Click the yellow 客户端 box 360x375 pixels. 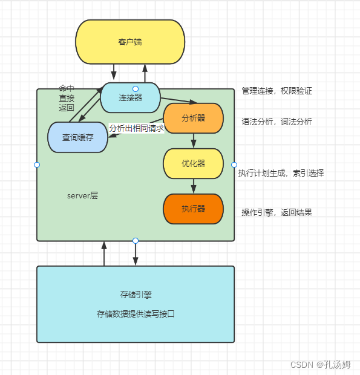[130, 42]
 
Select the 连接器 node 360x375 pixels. [130, 98]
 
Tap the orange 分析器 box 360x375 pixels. [194, 118]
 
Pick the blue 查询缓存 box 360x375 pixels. [77, 138]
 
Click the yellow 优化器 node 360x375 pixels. [194, 163]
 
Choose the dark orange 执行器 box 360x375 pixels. [194, 209]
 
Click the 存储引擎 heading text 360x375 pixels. [136, 295]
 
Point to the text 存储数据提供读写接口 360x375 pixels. [136, 314]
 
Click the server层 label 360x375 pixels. [82, 197]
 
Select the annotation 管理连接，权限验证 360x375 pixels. [277, 91]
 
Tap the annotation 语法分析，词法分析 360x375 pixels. [277, 122]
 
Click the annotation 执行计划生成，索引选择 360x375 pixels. [281, 173]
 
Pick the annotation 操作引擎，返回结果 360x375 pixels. [277, 212]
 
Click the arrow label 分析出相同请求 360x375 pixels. [137, 128]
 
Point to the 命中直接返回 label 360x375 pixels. [67, 98]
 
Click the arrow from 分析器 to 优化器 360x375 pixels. [194, 140]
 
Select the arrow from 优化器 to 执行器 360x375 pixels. [194, 186]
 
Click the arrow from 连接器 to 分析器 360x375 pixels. [178, 100]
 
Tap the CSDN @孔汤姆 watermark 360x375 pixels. [321, 365]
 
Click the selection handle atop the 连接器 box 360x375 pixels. [136, 89]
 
